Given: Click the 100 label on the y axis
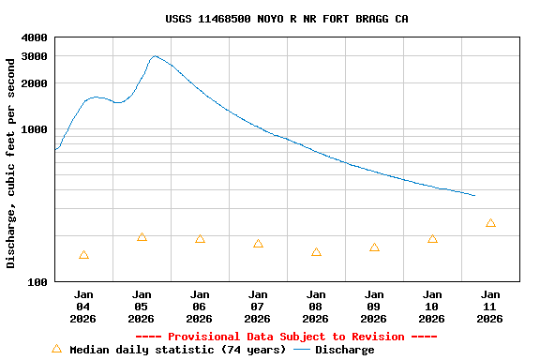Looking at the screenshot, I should coord(38,282).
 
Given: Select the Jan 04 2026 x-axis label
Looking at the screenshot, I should coord(83,307).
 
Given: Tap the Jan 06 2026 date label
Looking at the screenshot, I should coord(200,307).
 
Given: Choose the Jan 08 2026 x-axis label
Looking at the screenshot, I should coord(316,307).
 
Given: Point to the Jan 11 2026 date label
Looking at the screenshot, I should coord(490,307).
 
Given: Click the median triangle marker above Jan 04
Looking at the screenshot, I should coord(83,255).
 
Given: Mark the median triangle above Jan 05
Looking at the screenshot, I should coord(142,237).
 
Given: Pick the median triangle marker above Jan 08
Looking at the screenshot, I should coord(316,252).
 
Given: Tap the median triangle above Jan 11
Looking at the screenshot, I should coord(490,223).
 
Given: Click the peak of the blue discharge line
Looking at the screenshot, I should coord(156,56).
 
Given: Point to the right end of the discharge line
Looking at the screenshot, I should coord(475,196).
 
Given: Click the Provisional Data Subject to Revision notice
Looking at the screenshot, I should coord(286,337).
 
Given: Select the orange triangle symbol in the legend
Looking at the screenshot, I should coord(56,349).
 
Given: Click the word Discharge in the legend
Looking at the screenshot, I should coord(344,350).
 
